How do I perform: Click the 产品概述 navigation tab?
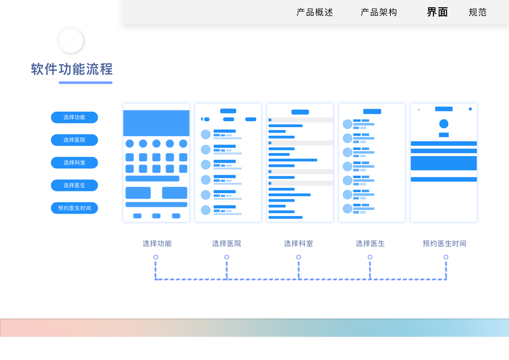315,12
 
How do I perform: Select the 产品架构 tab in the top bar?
379,12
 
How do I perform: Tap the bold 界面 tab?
437,12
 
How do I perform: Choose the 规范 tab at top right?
478,12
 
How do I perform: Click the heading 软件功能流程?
72,69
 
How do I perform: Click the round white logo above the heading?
71,41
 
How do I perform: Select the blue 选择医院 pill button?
74,140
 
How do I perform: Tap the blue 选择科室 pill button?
74,163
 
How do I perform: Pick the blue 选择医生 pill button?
74,185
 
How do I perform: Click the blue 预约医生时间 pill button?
74,208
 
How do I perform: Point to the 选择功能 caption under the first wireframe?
157,244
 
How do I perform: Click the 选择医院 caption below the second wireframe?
227,244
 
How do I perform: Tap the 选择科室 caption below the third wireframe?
298,244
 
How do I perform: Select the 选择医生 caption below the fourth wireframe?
370,244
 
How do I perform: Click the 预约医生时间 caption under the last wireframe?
444,244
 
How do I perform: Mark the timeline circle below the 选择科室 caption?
298,257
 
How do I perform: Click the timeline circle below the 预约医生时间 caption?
446,257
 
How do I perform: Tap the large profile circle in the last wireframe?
444,124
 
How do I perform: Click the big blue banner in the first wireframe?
156,123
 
